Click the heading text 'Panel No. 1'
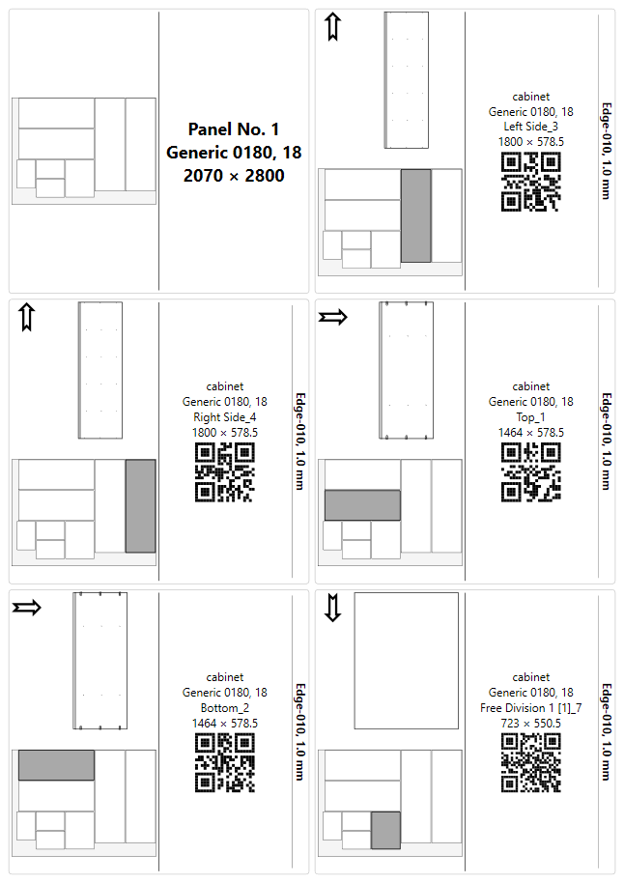tap(234, 129)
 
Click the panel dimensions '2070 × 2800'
tap(234, 176)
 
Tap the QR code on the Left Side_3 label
tap(530, 183)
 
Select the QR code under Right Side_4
tap(225, 472)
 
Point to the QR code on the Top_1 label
tap(530, 472)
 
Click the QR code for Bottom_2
tap(225, 763)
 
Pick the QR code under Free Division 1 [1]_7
tap(530, 763)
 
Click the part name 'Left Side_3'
tap(530, 127)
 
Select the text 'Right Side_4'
tap(225, 417)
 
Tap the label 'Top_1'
tap(530, 417)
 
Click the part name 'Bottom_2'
tap(225, 708)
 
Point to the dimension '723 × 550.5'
tap(530, 723)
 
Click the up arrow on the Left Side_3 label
tap(333, 27)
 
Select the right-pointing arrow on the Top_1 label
tap(333, 317)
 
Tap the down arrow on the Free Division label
tap(333, 608)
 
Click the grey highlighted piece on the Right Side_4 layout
tap(140, 505)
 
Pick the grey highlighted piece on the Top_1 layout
tap(362, 505)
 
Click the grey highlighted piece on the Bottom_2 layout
tap(56, 765)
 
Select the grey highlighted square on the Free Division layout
tap(385, 830)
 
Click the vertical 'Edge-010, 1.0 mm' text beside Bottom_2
tap(300, 731)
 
